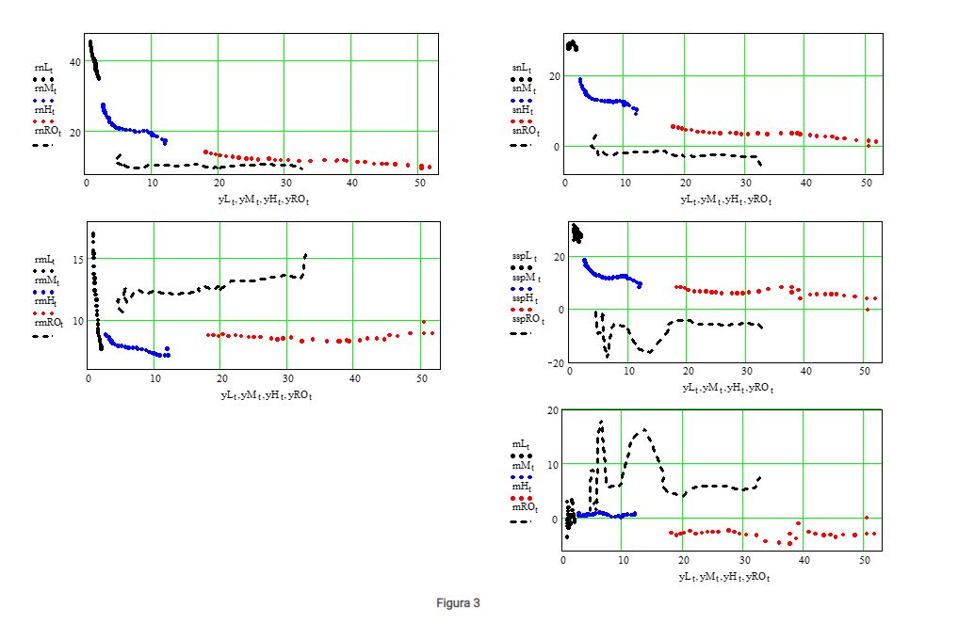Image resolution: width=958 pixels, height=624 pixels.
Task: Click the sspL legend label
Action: coord(525,257)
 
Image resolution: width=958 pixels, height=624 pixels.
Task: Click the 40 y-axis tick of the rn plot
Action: coord(74,61)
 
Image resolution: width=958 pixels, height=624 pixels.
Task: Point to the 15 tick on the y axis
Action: coord(79,258)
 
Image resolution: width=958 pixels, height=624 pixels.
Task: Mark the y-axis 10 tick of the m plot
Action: coord(552,464)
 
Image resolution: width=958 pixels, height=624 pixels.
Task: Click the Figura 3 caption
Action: coord(458,602)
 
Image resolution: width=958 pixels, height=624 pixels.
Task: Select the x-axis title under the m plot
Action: coord(723,575)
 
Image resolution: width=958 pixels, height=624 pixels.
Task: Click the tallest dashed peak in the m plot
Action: coord(601,423)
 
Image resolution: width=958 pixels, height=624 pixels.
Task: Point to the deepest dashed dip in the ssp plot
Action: coord(608,357)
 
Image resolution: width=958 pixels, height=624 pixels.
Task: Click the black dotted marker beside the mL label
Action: coord(521,455)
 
